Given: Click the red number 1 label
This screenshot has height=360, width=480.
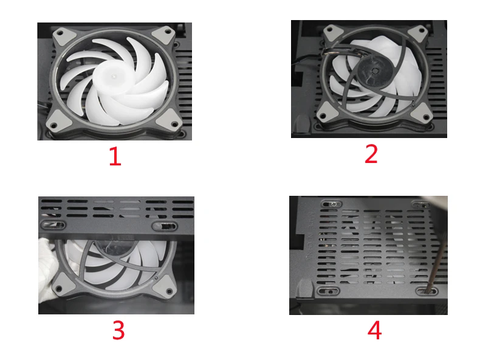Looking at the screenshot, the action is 115,156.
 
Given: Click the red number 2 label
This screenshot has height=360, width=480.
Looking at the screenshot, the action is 371,154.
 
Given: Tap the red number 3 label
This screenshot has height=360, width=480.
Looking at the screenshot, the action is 118,330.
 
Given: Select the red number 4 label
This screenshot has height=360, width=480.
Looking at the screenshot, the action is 374,330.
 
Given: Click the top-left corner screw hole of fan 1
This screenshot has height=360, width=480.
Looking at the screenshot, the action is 61,33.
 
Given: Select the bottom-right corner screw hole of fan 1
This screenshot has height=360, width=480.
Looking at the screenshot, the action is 174,125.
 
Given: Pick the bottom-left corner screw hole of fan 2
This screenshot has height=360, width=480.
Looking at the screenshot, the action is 322,116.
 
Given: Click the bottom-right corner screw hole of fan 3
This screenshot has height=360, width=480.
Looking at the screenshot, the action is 169,291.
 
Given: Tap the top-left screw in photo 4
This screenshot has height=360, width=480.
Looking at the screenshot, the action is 334,204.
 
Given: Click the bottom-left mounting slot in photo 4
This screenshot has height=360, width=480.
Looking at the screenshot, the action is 329,291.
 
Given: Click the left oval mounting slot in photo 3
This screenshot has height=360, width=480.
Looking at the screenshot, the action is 53,225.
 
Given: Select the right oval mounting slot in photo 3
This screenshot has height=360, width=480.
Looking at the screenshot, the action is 165,226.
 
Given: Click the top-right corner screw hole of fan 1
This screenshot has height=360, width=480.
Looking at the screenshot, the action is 168,31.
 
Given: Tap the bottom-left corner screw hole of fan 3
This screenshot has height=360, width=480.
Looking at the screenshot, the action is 59,289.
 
